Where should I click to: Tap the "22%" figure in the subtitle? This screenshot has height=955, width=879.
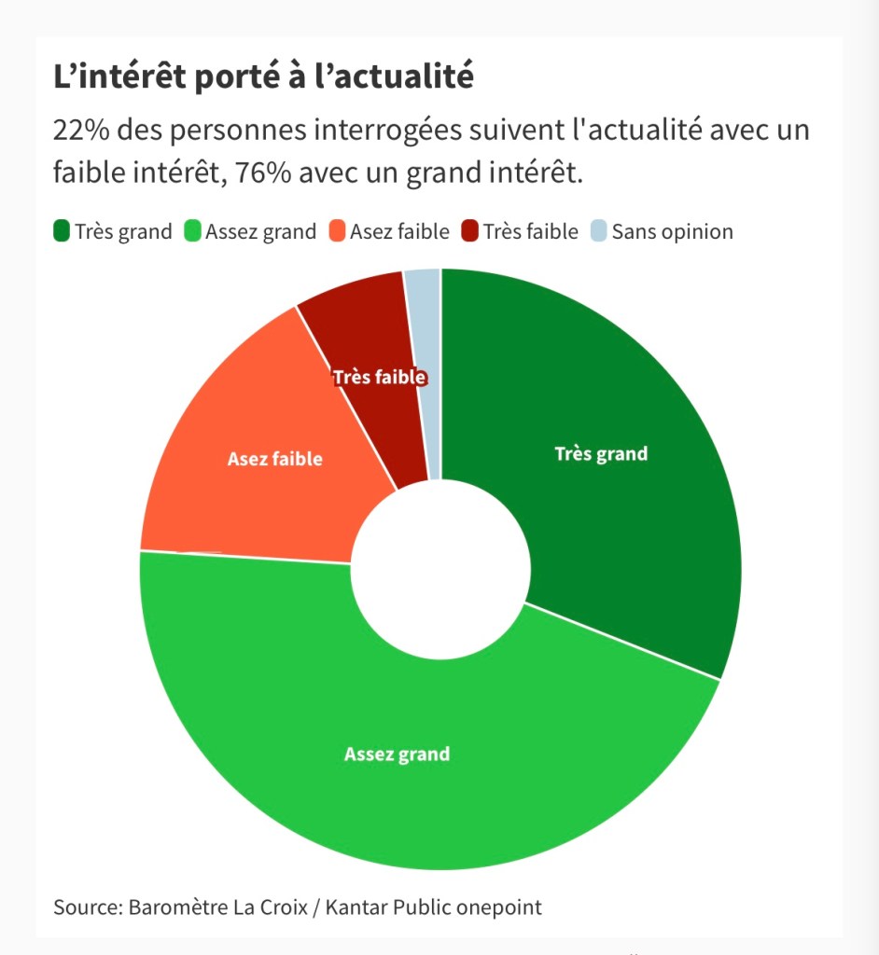tap(79, 131)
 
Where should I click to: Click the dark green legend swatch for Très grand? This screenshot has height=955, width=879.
tap(63, 231)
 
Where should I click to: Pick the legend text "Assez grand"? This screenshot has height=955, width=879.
tap(260, 231)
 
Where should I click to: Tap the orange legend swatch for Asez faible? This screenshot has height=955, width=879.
tap(338, 231)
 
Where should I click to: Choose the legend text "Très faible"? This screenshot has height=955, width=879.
tap(531, 231)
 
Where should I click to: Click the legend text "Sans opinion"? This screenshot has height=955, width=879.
tap(672, 231)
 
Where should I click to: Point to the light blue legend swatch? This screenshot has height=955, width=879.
tap(599, 231)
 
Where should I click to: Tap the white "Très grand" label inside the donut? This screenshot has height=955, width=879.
tap(601, 454)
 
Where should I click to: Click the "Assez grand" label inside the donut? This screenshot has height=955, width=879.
tap(397, 754)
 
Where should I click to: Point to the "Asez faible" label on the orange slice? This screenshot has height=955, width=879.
tap(274, 459)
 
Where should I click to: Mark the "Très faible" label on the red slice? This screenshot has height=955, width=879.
tap(380, 378)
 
